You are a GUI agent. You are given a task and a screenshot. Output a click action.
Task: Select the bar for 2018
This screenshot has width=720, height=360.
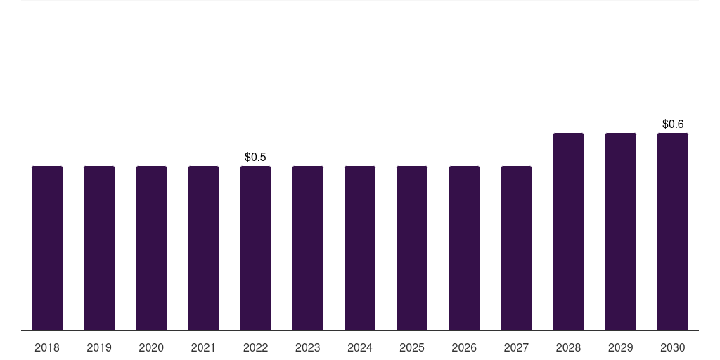tap(47, 248)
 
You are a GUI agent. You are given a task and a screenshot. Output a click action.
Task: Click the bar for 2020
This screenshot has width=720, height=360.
tap(152, 248)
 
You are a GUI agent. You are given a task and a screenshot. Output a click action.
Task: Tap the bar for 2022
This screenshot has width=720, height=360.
tap(255, 248)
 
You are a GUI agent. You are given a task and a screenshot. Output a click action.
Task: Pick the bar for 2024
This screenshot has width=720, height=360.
tap(360, 248)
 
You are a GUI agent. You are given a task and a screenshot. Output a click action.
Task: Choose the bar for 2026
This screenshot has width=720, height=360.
tap(464, 248)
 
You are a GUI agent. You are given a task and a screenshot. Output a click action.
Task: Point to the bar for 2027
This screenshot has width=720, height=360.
tap(517, 248)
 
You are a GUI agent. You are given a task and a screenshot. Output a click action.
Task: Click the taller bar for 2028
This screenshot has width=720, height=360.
tap(568, 232)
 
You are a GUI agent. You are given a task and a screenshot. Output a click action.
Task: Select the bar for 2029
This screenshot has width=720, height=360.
tap(621, 232)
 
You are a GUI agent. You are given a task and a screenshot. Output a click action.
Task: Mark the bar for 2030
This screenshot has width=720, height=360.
tap(673, 232)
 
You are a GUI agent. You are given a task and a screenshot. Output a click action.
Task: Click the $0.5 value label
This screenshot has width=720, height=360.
tap(255, 157)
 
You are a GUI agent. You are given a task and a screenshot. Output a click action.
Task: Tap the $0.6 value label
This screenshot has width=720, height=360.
tap(673, 124)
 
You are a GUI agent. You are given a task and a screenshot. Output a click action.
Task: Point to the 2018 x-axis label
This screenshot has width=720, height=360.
tap(47, 347)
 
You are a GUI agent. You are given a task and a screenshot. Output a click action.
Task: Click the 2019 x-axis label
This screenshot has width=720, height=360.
tap(99, 347)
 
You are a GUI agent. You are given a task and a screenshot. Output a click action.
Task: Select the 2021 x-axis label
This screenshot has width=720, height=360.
tap(203, 347)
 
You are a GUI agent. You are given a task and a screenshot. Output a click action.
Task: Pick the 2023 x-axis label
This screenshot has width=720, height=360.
tap(308, 347)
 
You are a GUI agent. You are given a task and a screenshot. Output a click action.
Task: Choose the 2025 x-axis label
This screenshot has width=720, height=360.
tap(412, 347)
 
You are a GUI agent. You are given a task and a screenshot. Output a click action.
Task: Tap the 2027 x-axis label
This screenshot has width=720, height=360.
tap(517, 347)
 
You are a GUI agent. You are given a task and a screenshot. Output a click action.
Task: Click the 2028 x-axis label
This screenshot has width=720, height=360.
tap(568, 347)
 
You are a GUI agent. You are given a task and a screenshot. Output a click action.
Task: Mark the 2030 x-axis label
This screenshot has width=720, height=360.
tap(673, 347)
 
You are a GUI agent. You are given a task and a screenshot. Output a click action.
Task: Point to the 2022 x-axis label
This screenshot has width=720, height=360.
tap(255, 347)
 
